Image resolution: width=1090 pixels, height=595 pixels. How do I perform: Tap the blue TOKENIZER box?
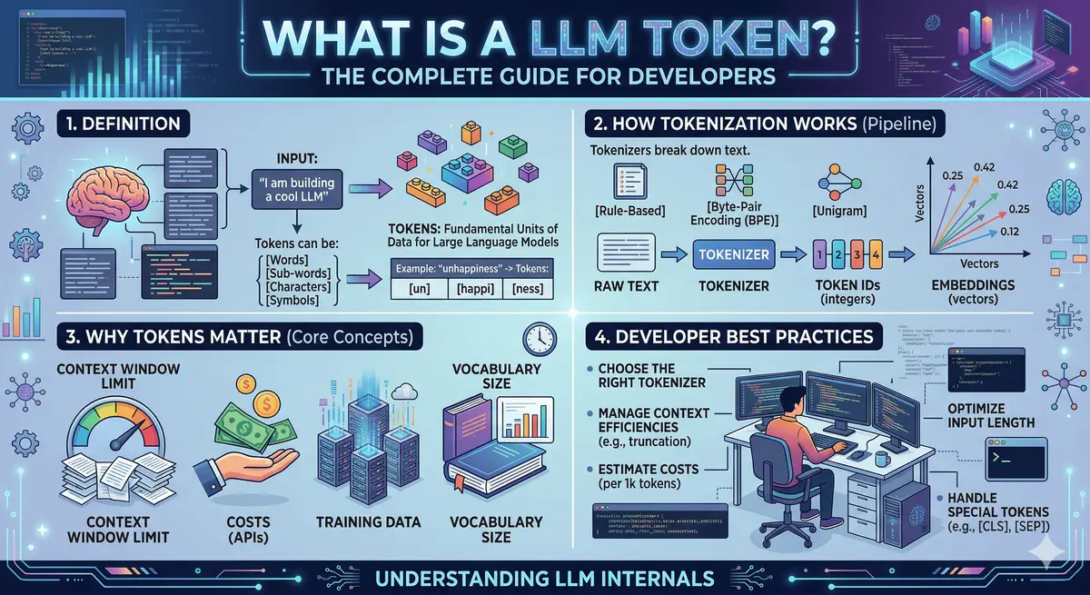point(733,253)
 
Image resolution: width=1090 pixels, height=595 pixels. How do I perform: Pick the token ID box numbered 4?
point(876,254)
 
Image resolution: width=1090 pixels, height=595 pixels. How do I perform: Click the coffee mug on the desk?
point(880,461)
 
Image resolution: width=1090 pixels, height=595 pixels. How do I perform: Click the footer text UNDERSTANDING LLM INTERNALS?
point(544,578)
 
